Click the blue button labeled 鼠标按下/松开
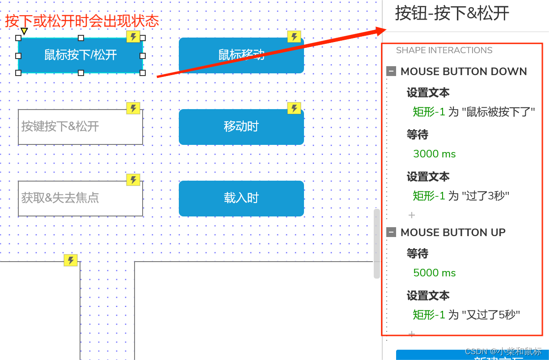(80, 55)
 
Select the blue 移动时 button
(241, 127)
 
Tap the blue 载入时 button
(241, 198)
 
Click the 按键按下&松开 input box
(80, 127)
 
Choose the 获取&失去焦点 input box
(80, 199)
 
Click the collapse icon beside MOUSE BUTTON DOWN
(391, 71)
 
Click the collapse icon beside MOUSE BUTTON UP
(391, 232)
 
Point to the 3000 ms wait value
(434, 154)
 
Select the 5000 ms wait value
(434, 273)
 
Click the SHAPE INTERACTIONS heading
(444, 50)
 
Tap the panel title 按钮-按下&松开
(452, 13)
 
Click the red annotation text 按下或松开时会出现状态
(82, 21)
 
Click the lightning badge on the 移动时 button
(294, 108)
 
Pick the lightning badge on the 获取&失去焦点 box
(133, 180)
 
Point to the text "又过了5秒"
(491, 315)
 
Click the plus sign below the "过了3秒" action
(412, 215)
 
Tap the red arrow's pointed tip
(385, 30)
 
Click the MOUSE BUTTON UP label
(453, 233)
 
